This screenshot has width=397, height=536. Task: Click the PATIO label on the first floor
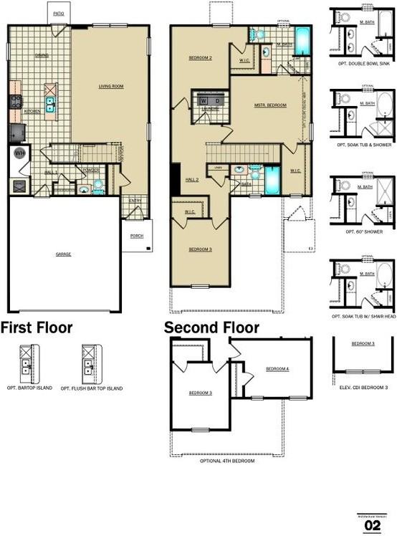click(59, 14)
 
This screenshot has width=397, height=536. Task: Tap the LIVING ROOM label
click(111, 86)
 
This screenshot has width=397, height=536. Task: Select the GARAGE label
click(64, 254)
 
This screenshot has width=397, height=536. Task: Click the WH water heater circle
click(20, 153)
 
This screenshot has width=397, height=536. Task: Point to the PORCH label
click(136, 235)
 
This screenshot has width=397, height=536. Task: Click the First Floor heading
click(37, 328)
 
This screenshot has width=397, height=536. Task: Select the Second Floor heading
click(212, 328)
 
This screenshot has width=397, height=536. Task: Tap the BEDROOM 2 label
click(201, 58)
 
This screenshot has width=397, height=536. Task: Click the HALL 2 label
click(191, 179)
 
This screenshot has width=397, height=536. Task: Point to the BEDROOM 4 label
click(277, 369)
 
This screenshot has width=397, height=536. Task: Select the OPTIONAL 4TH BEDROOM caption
click(226, 461)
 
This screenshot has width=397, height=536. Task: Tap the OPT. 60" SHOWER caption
click(364, 232)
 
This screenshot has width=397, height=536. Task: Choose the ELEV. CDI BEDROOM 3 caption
click(364, 388)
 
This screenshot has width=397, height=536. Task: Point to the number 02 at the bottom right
click(373, 525)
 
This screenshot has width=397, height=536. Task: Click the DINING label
click(42, 55)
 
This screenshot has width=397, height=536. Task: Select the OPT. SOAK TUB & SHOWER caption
click(364, 145)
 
